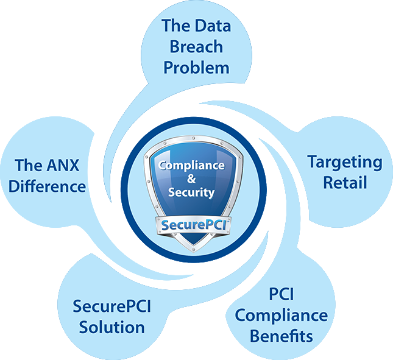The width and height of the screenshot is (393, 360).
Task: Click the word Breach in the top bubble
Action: (196, 47)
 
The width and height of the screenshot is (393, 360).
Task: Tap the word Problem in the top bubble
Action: (196, 68)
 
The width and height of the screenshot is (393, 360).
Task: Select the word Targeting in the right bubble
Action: (345, 163)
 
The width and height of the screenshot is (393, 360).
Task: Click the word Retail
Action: (345, 182)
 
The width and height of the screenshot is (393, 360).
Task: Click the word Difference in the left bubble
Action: (47, 186)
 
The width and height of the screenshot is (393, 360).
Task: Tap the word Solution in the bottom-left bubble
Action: (112, 327)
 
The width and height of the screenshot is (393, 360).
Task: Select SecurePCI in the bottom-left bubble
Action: (112, 306)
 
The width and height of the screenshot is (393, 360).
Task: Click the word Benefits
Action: (281, 336)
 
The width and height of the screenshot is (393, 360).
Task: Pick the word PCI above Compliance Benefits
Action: (281, 294)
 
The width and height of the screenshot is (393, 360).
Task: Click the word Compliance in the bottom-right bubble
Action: (281, 316)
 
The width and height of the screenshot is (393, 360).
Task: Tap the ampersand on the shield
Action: (191, 178)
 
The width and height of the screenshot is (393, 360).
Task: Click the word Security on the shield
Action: (191, 192)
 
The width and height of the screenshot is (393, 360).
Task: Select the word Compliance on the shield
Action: (191, 165)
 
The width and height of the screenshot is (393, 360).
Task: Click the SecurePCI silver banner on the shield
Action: (193, 225)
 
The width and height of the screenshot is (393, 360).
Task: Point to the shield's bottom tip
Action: (193, 252)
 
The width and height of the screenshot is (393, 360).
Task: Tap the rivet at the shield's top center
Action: (193, 138)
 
